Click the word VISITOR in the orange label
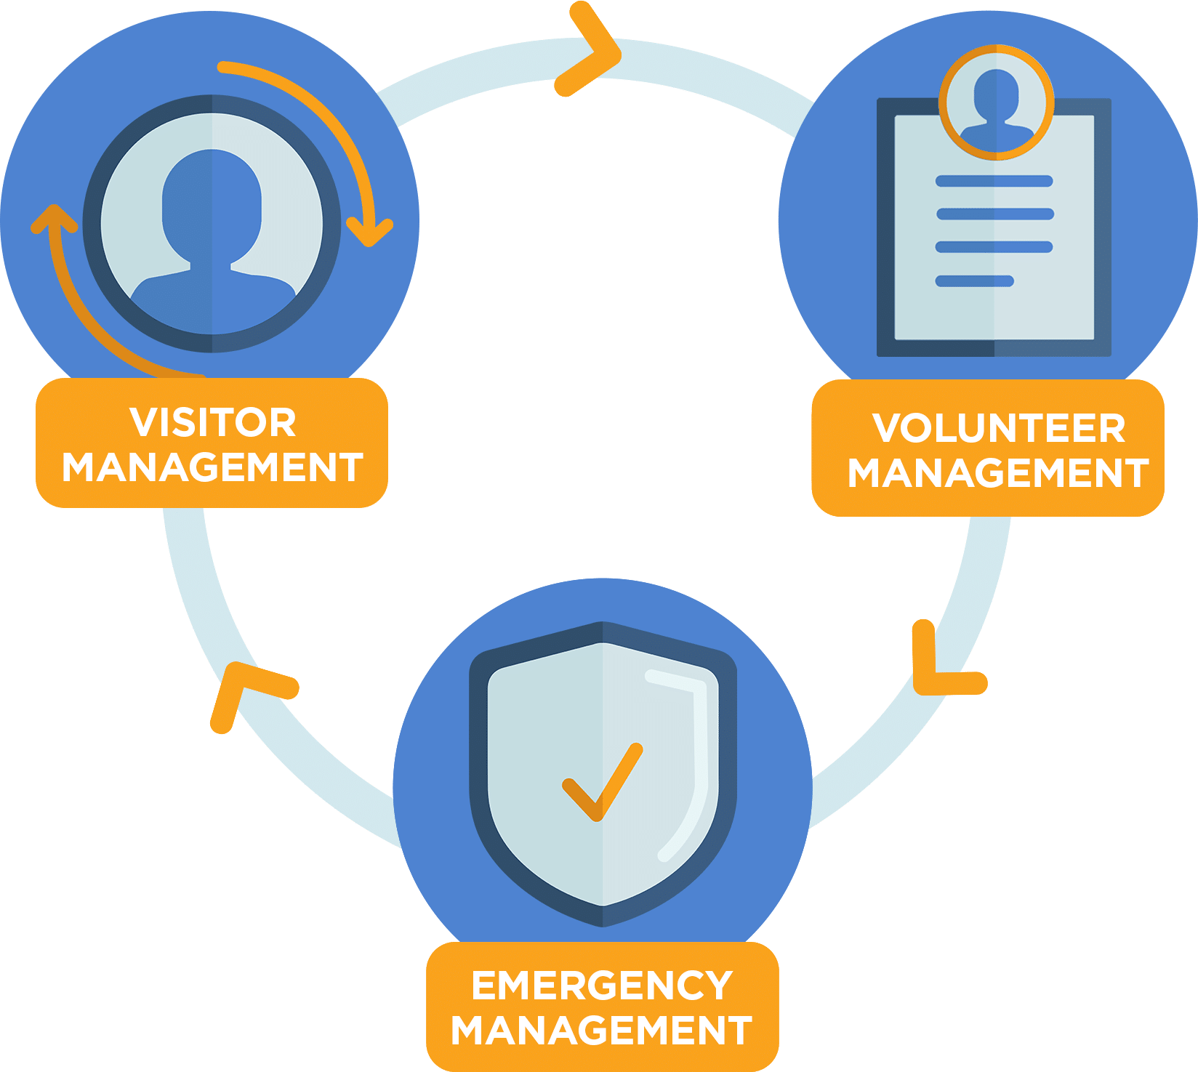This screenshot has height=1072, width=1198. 212,422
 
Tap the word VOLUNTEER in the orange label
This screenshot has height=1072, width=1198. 999,428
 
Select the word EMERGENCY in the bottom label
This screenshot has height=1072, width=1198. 602,986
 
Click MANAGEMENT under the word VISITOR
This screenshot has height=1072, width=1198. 212,467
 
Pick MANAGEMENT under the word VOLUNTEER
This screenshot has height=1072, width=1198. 998,473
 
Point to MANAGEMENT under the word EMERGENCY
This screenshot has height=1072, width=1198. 602,1031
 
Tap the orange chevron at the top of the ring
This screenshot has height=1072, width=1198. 590,49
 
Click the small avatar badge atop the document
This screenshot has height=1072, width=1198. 996,102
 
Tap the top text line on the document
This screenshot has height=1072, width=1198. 994,181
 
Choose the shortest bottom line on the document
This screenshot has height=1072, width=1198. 974,281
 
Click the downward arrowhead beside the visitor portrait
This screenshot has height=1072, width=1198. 370,231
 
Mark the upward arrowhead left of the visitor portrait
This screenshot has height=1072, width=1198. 53,218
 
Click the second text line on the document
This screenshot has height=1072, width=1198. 994,214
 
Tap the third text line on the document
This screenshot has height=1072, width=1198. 994,247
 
